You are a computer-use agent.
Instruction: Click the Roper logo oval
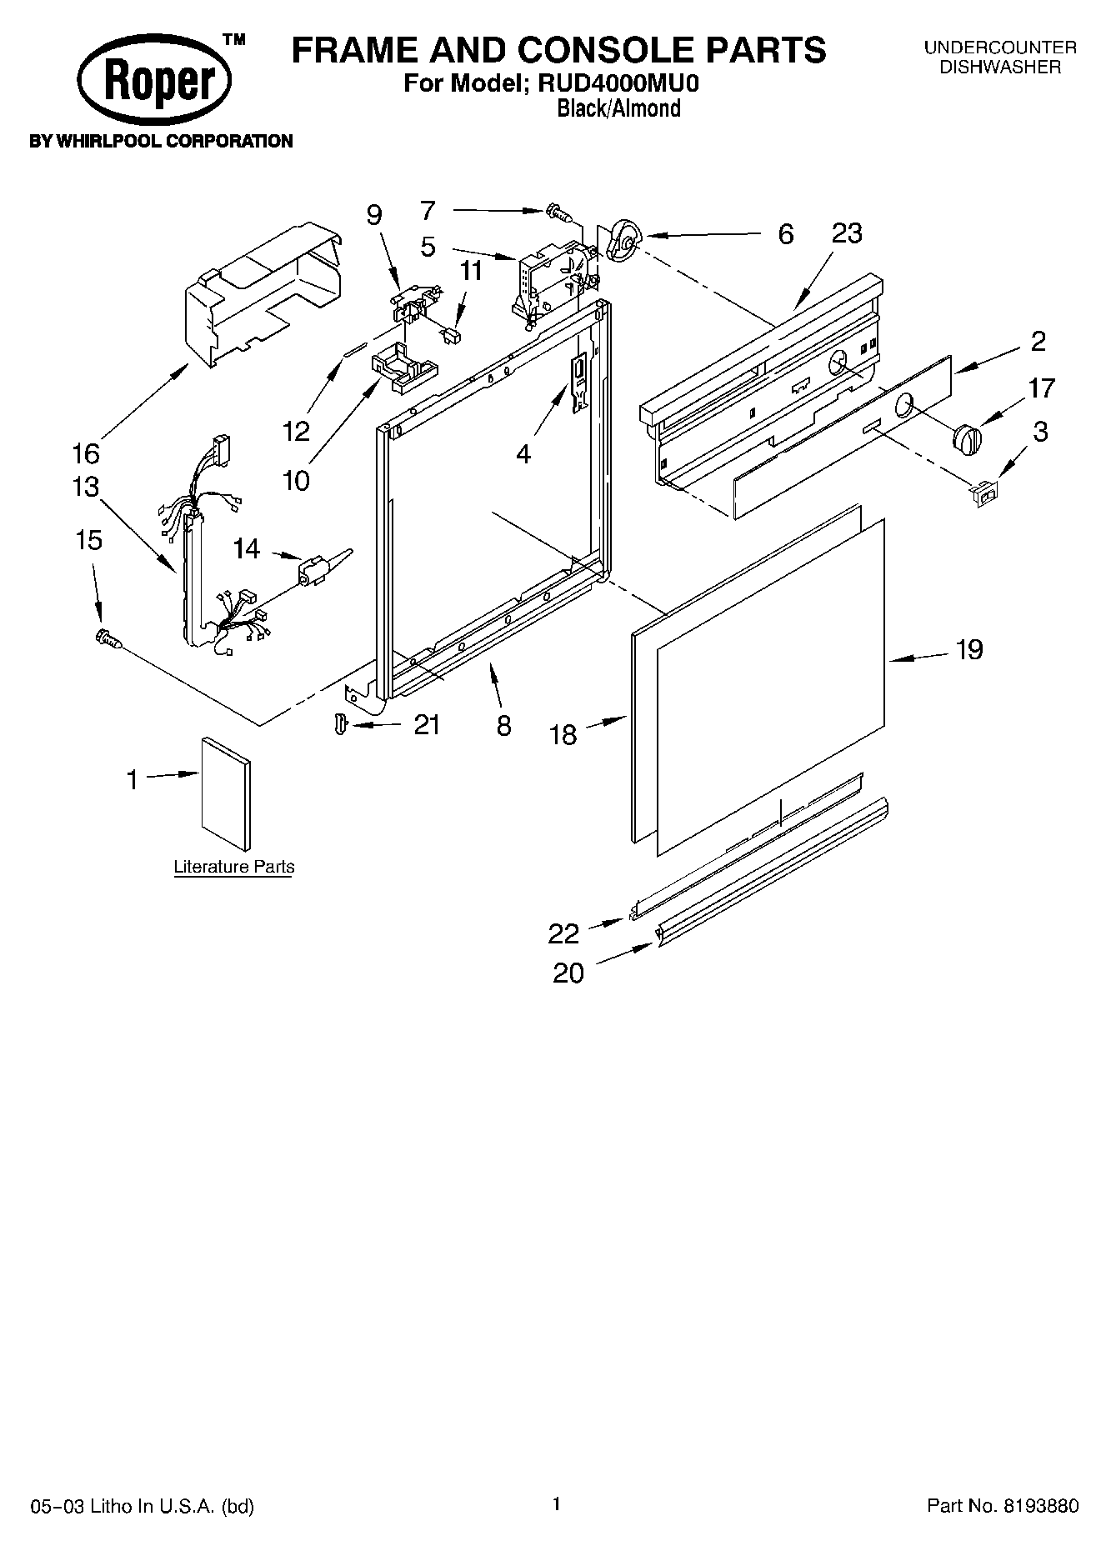tap(154, 82)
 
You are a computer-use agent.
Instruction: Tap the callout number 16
tap(85, 454)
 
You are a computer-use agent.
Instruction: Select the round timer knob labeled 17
tap(967, 438)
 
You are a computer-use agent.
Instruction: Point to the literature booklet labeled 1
tap(225, 783)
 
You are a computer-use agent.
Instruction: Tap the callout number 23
tap(847, 233)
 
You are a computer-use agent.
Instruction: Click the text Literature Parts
tap(234, 867)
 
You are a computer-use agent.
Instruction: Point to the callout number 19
tap(968, 649)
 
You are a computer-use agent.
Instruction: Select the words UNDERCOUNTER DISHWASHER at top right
tap(1000, 58)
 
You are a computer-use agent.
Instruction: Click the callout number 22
tap(563, 933)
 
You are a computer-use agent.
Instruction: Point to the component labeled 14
tap(318, 568)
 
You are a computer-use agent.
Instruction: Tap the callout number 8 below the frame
tap(503, 726)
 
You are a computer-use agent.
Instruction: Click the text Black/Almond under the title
tap(618, 108)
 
